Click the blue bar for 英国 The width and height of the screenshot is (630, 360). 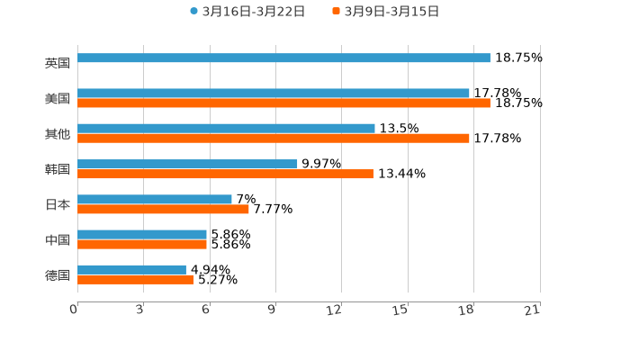tap(283, 58)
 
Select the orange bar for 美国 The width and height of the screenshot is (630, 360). tap(283, 103)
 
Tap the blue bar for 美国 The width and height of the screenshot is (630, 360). tap(274, 93)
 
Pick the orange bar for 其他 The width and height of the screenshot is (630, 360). tap(274, 139)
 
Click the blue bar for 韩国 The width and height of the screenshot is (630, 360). tap(187, 164)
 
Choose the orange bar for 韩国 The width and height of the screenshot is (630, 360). tap(225, 174)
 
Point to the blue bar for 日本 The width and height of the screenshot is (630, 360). tap(155, 199)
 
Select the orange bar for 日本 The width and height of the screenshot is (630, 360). tap(163, 209)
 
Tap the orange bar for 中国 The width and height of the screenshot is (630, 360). tap(142, 245)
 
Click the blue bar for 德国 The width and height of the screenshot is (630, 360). tap(131, 269)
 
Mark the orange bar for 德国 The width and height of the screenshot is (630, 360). tap(135, 279)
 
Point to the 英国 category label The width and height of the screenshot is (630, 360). tap(58, 63)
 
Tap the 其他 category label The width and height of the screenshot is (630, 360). tap(58, 133)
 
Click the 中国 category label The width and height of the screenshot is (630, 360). tap(58, 239)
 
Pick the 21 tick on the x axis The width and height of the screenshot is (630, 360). tap(532, 310)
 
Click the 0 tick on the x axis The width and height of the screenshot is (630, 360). tap(75, 310)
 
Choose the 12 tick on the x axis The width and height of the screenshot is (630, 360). tap(335, 310)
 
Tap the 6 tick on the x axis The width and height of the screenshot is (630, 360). tap(206, 310)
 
